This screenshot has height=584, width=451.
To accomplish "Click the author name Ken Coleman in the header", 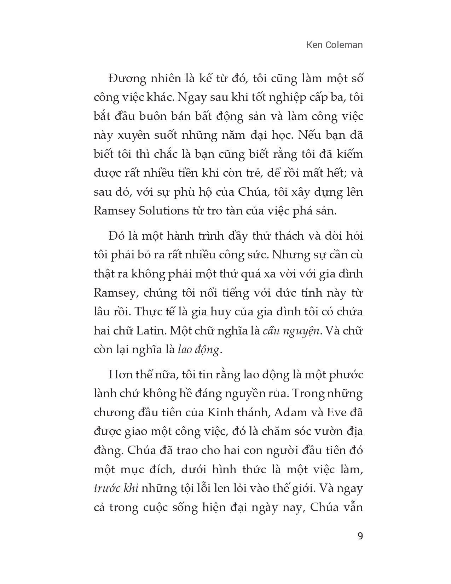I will (335, 45).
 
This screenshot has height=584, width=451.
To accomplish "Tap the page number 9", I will (360, 536).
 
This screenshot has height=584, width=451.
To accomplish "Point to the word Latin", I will (153, 331).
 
